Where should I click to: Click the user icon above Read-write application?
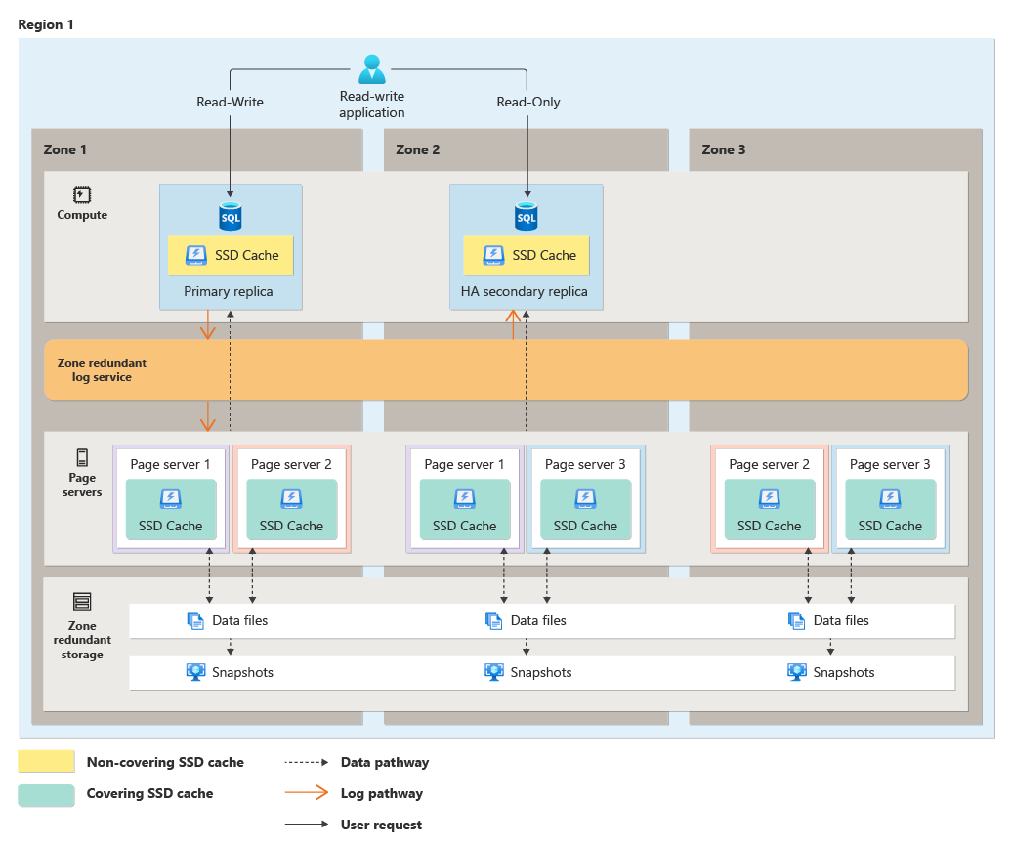pyautogui.click(x=372, y=68)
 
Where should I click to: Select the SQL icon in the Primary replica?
pyautogui.click(x=231, y=216)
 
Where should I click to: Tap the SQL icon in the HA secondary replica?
pyautogui.click(x=527, y=216)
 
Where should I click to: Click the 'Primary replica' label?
pyautogui.click(x=229, y=291)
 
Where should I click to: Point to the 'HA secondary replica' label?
pyautogui.click(x=525, y=291)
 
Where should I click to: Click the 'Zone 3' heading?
pyautogui.click(x=723, y=149)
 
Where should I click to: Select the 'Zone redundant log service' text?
pyautogui.click(x=102, y=369)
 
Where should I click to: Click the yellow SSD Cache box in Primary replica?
pyautogui.click(x=231, y=255)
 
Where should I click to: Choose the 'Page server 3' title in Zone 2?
pyautogui.click(x=585, y=464)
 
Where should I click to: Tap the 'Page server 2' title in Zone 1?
pyautogui.click(x=291, y=464)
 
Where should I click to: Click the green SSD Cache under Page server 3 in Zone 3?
pyautogui.click(x=890, y=511)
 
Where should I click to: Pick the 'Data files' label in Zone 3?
pyautogui.click(x=840, y=620)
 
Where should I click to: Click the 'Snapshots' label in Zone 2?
pyautogui.click(x=540, y=672)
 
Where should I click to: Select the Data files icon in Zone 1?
pyautogui.click(x=194, y=620)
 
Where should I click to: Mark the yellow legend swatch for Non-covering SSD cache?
pyautogui.click(x=46, y=762)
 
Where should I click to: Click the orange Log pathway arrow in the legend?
pyautogui.click(x=306, y=793)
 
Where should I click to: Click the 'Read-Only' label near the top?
pyautogui.click(x=527, y=102)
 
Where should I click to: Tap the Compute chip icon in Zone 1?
pyautogui.click(x=82, y=194)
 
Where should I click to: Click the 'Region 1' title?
pyautogui.click(x=46, y=23)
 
